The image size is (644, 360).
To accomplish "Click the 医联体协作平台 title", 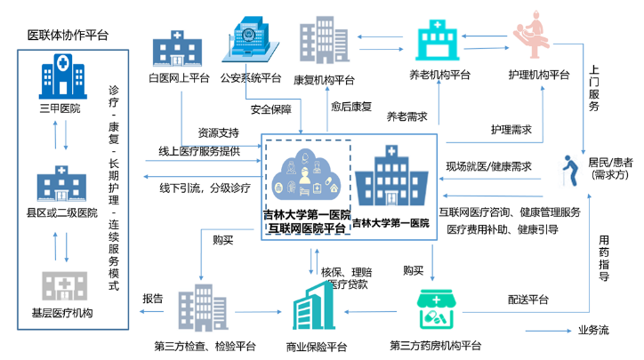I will (68, 35).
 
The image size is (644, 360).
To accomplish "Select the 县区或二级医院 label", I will (60, 213).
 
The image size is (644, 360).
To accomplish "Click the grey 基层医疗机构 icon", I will (60, 286).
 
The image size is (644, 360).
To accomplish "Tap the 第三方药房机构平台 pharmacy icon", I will (439, 310).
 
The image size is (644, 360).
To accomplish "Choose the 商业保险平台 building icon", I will (318, 310).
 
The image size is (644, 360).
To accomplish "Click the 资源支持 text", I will (218, 133).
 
